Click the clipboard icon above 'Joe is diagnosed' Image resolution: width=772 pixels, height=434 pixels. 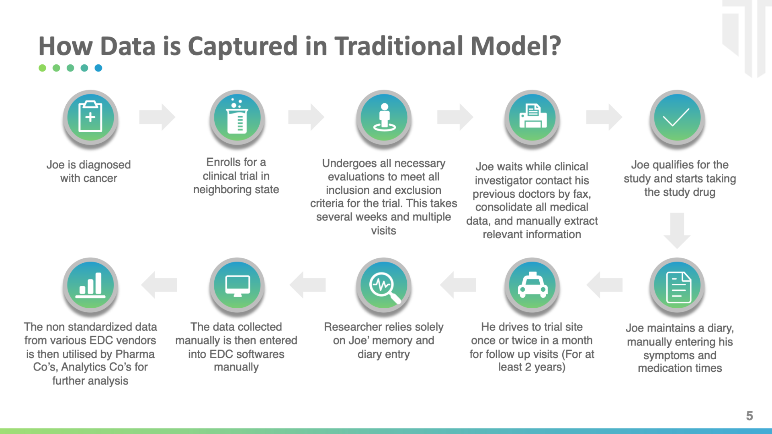(x=90, y=117)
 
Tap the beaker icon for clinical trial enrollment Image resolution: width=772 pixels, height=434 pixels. (x=237, y=117)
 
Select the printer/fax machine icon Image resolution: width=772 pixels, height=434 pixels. (x=532, y=117)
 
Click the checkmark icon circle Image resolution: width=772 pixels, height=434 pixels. (x=677, y=117)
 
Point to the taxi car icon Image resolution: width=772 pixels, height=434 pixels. (x=532, y=285)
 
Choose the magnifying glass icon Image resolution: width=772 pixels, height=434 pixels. (x=384, y=285)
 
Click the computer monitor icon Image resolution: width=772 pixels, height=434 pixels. (x=237, y=285)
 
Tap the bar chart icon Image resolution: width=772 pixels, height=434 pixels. (x=90, y=285)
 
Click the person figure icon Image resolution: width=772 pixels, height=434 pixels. (x=384, y=117)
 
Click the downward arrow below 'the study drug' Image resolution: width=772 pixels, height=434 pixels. (x=677, y=231)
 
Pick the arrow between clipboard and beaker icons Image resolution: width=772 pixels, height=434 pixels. (x=157, y=117)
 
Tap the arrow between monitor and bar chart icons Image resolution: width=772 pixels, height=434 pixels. (x=159, y=285)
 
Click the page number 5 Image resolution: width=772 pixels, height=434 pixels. (x=749, y=416)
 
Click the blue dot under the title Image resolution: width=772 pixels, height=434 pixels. (x=98, y=68)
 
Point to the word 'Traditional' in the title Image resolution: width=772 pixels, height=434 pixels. (x=399, y=46)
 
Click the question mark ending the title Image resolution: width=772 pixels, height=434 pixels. (x=555, y=45)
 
